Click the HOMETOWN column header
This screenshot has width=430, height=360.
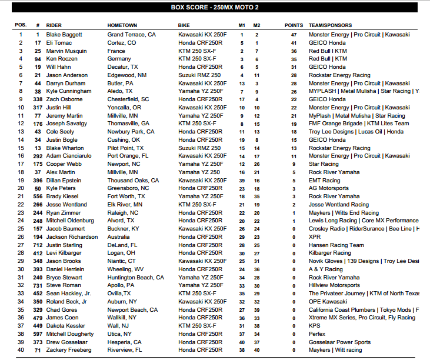coord(122,26)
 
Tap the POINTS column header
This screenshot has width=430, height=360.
coord(294,26)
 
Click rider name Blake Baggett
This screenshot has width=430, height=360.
coord(64,35)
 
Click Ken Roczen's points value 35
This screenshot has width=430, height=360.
coord(294,59)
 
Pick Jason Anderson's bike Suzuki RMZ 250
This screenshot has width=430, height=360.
coord(199,75)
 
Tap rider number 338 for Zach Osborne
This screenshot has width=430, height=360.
coord(38,99)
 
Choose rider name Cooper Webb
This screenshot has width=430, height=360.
coord(62,164)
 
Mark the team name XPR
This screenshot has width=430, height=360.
coord(315,237)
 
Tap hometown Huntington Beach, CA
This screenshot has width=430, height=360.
coord(135,278)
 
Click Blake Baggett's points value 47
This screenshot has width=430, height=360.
coord(294,35)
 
